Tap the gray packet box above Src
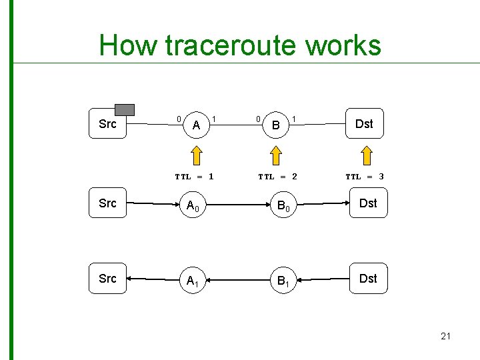(x=124, y=109)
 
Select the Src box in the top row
(x=107, y=124)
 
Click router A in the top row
(x=196, y=125)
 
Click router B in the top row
(x=275, y=125)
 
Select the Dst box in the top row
(x=364, y=123)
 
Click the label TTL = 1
(x=194, y=177)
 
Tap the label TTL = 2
(x=277, y=177)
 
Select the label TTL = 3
(x=364, y=177)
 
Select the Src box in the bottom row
(x=107, y=279)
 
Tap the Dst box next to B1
(x=367, y=279)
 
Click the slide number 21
(x=445, y=336)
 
